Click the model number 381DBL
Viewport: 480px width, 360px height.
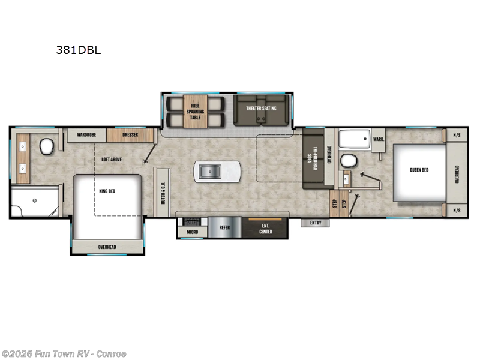[x=79, y=50]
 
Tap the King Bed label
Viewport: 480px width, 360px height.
[x=107, y=191]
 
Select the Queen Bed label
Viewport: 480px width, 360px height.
[x=419, y=170]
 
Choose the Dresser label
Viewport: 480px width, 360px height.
[x=130, y=135]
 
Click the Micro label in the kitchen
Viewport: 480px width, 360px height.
[x=192, y=231]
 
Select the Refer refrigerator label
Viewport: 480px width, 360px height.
[x=224, y=227]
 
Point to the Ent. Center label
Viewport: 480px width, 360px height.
[x=265, y=229]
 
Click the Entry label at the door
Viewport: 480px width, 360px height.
[x=316, y=223]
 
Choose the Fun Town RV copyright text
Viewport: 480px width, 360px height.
[x=64, y=354]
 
